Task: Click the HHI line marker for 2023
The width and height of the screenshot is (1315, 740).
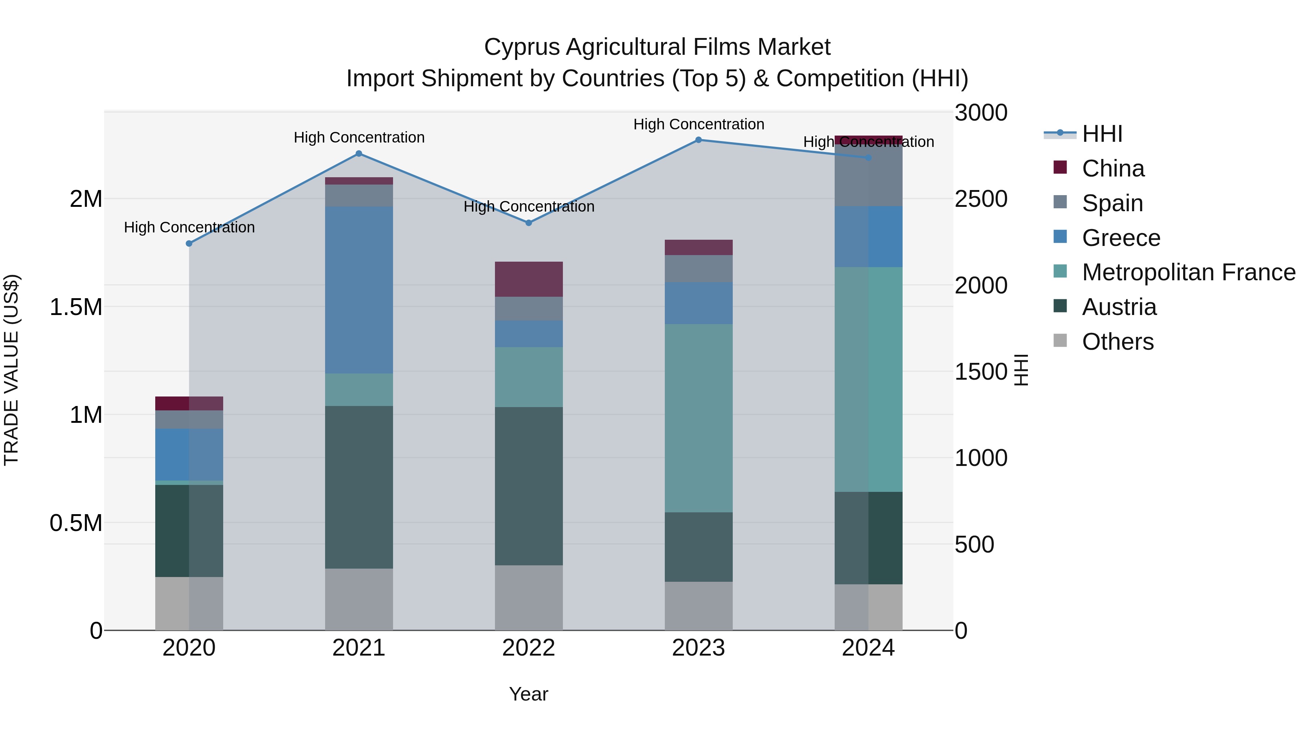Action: [698, 140]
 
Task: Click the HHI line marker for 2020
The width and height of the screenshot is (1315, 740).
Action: [189, 244]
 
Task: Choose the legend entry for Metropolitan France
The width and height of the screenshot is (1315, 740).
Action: [1188, 272]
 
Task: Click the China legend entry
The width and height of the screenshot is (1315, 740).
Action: [1113, 168]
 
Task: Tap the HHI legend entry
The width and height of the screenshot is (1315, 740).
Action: [1102, 134]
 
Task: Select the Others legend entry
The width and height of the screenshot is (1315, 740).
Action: [1117, 342]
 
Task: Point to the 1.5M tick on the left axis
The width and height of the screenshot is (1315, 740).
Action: [76, 307]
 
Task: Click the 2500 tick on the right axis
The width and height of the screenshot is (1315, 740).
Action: [981, 199]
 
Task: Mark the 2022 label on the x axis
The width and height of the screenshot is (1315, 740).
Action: [528, 648]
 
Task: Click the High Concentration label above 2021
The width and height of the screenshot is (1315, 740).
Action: [359, 137]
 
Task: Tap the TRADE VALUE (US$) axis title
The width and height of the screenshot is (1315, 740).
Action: [11, 370]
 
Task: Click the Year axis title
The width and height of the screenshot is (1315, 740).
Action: [528, 694]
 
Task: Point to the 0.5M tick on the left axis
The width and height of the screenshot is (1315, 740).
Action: [76, 523]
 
